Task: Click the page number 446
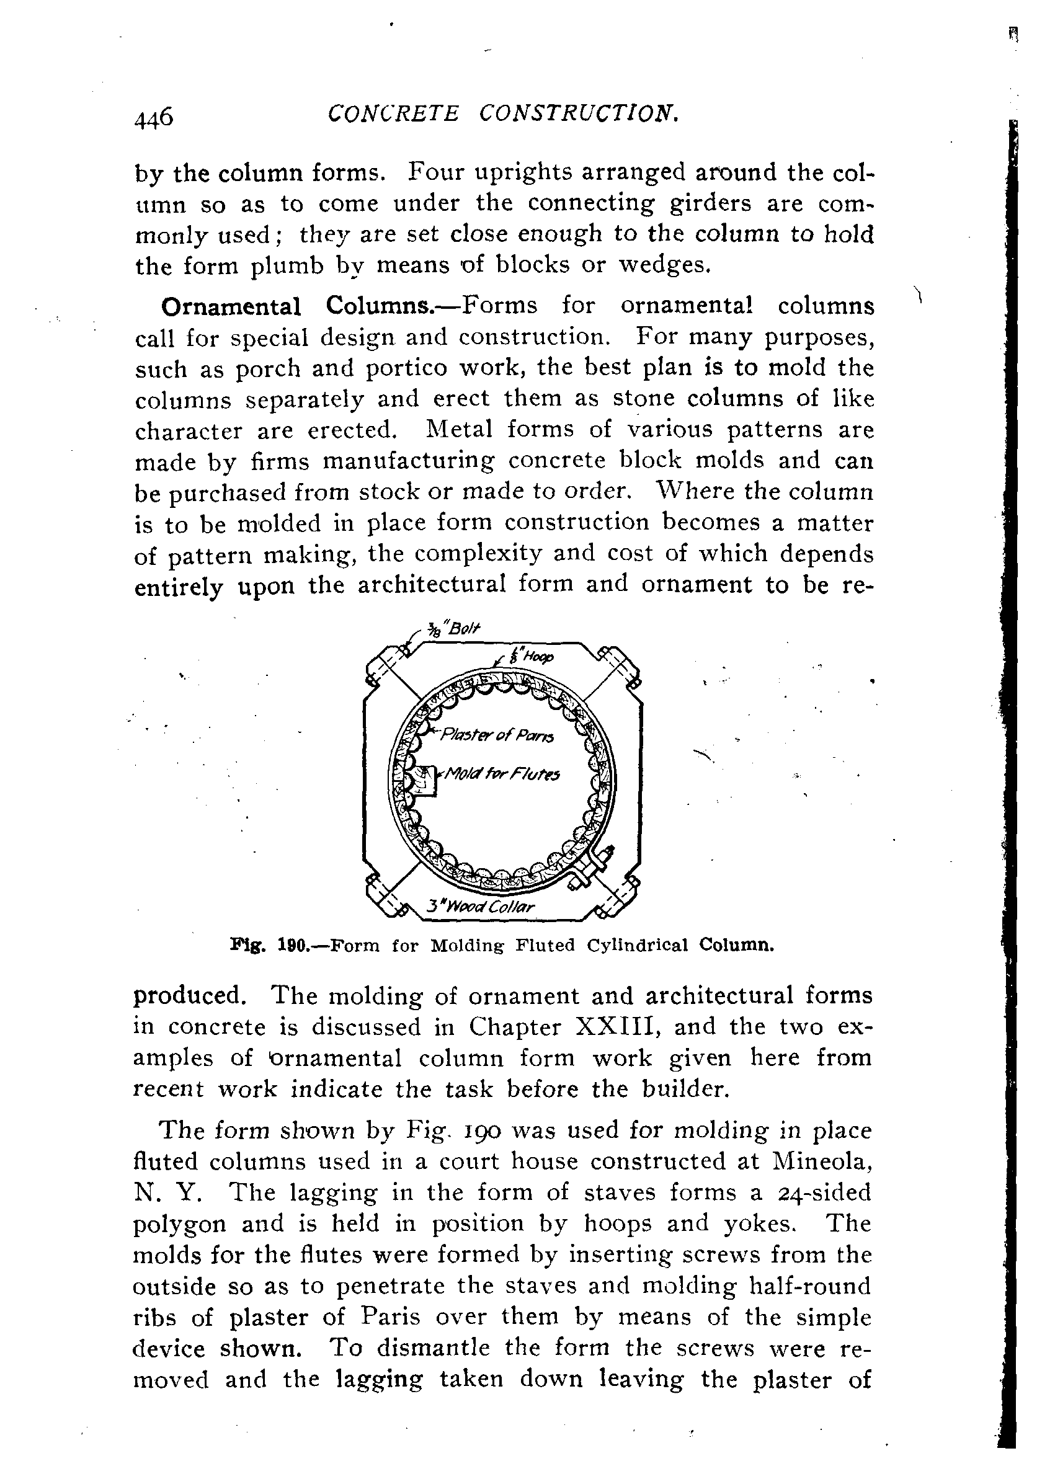pyautogui.click(x=153, y=118)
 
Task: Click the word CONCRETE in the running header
pyautogui.click(x=394, y=113)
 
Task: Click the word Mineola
pyautogui.click(x=822, y=1161)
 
